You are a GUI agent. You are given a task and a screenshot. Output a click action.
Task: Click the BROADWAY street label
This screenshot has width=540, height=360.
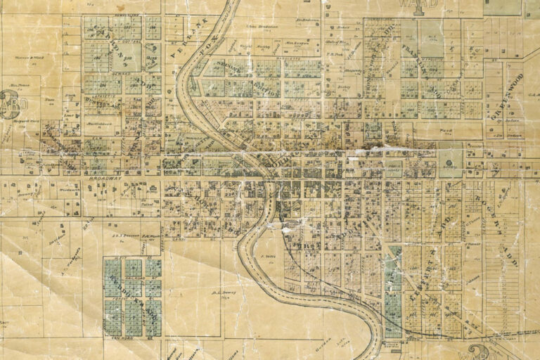click(105, 179)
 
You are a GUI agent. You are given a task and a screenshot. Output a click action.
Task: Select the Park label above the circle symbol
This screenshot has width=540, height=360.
click(444, 131)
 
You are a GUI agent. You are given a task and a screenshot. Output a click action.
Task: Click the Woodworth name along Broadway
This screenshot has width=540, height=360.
click(69, 190)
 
